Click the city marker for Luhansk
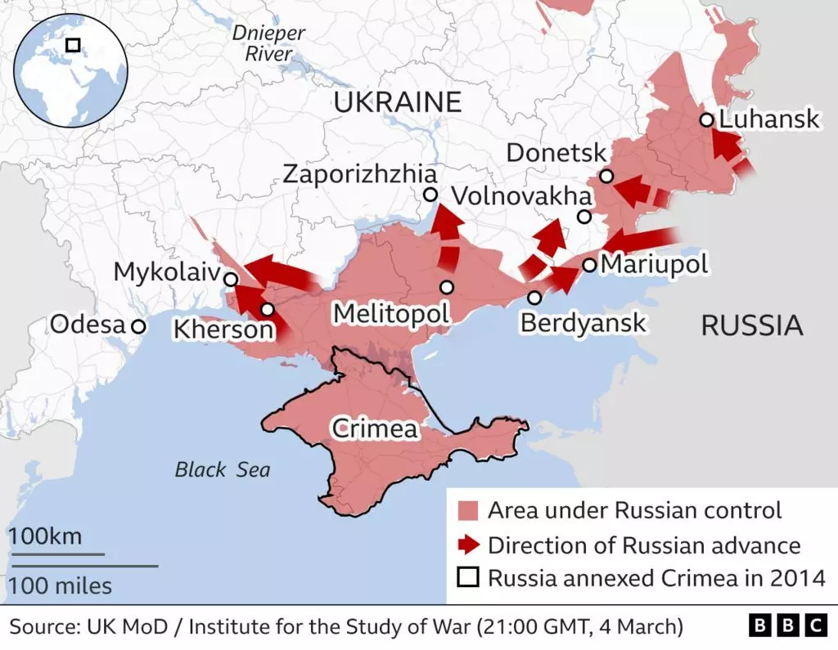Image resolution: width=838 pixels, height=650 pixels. tap(706, 120)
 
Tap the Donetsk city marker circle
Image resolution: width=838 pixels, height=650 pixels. tap(606, 176)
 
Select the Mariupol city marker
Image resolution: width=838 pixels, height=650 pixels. tap(589, 265)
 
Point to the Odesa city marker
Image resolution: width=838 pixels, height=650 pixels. tap(138, 326)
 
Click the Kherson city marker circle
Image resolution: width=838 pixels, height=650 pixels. tap(268, 310)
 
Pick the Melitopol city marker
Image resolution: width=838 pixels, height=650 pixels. tap(446, 287)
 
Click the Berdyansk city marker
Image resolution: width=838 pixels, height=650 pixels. tap(534, 298)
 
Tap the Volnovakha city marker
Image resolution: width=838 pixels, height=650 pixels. tap(583, 217)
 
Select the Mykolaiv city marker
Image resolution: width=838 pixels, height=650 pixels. tap(231, 279)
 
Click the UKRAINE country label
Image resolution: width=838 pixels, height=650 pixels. tap(398, 102)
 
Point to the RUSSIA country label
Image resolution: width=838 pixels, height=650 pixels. tap(751, 326)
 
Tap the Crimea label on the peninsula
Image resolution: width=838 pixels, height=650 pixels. tap(374, 428)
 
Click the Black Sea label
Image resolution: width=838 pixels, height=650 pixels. tap(222, 470)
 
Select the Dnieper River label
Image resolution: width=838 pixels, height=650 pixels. tap(268, 43)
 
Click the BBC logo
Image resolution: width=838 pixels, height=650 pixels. tap(787, 627)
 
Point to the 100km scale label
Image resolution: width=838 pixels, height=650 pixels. tap(46, 537)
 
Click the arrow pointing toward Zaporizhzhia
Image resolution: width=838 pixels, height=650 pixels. tap(447, 233)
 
